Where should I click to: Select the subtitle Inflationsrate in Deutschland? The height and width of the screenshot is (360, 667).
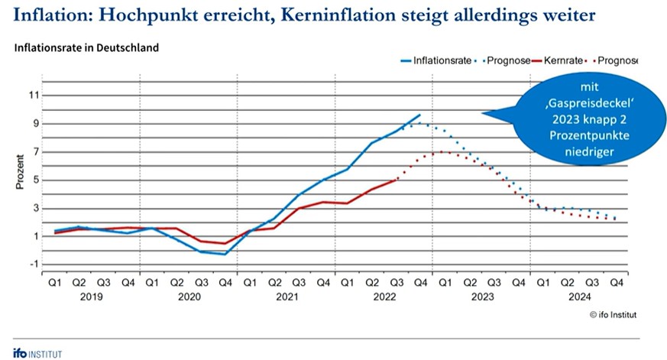pyautogui.click(x=86, y=47)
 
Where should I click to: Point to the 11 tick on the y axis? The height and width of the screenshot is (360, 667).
pyautogui.click(x=33, y=96)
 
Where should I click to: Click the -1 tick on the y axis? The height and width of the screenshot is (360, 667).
pyautogui.click(x=33, y=264)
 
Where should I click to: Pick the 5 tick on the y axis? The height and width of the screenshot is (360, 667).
pyautogui.click(x=33, y=180)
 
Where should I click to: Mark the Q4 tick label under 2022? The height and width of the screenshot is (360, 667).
pyautogui.click(x=419, y=281)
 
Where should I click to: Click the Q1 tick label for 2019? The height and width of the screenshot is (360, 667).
pyautogui.click(x=54, y=281)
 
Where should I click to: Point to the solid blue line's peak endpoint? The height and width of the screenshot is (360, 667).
pyautogui.click(x=419, y=115)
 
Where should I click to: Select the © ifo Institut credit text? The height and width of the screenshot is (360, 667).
pyautogui.click(x=613, y=314)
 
